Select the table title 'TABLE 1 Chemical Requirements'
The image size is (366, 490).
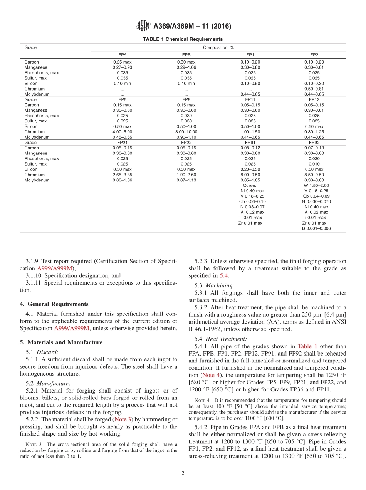[183, 39]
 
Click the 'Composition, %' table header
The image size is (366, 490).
[218, 47]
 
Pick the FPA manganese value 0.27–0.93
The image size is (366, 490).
[123, 67]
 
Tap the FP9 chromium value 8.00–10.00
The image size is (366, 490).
[186, 132]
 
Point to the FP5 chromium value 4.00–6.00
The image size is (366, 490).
[123, 132]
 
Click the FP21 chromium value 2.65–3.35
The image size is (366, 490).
[123, 175]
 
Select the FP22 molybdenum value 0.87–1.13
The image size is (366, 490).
[186, 180]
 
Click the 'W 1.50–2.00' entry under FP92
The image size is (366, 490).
[316, 185]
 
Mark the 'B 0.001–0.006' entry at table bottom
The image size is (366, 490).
[316, 228]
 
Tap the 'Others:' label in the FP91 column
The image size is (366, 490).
[250, 185]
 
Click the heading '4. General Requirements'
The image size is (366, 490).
[54, 304]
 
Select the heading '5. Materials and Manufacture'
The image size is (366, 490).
[61, 342]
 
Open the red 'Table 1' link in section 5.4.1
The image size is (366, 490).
[307, 346]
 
